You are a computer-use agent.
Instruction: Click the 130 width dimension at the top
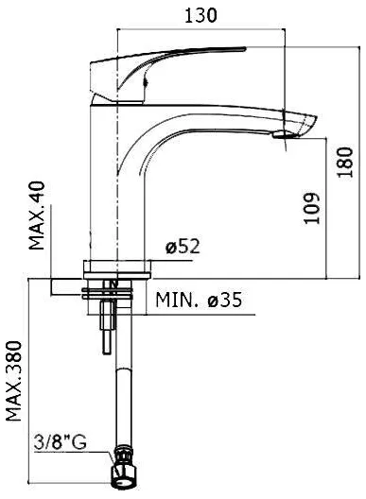coord(200,15)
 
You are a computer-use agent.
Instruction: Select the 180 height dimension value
coord(345,162)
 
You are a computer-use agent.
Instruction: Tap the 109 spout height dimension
coord(311,208)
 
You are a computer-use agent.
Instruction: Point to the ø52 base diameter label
coord(183,247)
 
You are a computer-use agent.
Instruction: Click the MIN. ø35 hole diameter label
coord(199,300)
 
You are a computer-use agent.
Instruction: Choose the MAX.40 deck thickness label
coord(37,215)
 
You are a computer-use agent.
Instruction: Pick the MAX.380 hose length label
coord(14,381)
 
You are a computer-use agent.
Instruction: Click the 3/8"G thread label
coord(61,442)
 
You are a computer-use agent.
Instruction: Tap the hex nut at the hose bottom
coord(124,475)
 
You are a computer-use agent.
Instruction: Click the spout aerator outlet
coord(283,135)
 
